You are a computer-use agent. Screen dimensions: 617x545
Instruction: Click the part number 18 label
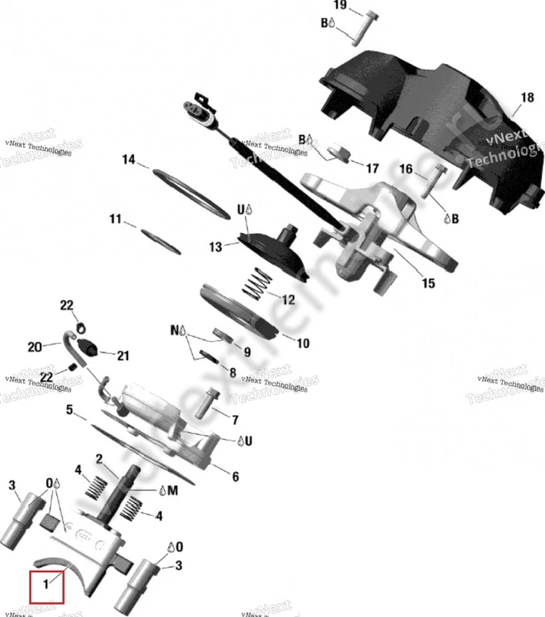click(x=527, y=98)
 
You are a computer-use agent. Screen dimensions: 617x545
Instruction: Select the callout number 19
click(x=340, y=6)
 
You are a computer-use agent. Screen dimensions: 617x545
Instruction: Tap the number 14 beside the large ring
click(x=129, y=160)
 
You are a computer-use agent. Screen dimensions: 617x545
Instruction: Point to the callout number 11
click(x=115, y=220)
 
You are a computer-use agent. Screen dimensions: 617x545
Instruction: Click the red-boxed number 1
click(x=47, y=585)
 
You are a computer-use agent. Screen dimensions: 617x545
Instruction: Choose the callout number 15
click(x=428, y=283)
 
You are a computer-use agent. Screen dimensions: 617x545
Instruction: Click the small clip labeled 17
click(x=339, y=153)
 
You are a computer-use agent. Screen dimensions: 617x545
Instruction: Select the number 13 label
click(x=215, y=248)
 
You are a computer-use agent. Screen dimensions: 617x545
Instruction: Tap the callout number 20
click(x=33, y=346)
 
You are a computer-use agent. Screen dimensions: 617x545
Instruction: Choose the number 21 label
click(x=123, y=356)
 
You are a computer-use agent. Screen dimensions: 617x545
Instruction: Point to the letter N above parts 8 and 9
click(x=174, y=330)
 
